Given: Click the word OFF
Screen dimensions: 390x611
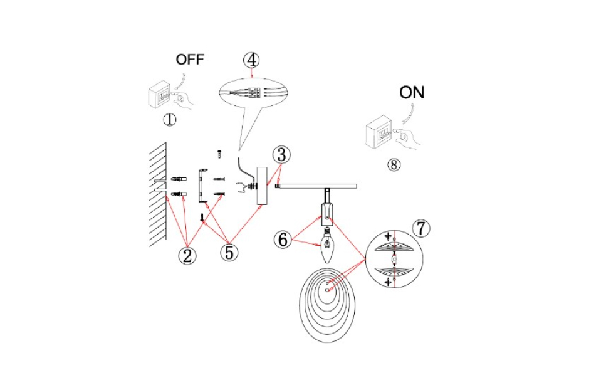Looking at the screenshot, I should (190, 60).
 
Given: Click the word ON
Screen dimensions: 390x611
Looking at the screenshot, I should (412, 93).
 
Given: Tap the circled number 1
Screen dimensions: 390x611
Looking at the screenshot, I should (170, 119).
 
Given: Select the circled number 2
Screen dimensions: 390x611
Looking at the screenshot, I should (186, 255).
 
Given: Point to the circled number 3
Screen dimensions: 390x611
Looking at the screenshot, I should (281, 154).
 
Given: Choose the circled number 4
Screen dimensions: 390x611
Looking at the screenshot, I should (251, 60).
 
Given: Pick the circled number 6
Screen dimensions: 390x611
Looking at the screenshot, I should (283, 239).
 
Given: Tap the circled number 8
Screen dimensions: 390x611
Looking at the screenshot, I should (394, 164).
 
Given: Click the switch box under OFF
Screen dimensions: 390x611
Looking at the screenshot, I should (162, 96).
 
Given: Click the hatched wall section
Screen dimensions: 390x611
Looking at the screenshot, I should (158, 194).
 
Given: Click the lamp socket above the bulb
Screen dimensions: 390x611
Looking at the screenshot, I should (327, 213).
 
